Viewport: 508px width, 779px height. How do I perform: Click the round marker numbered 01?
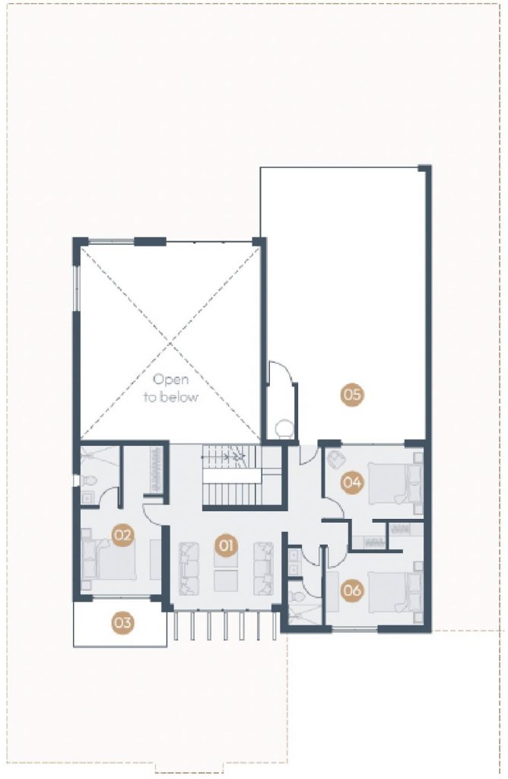(x=226, y=545)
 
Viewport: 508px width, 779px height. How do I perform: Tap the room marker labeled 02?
(x=122, y=535)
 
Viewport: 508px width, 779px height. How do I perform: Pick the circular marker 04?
(x=351, y=482)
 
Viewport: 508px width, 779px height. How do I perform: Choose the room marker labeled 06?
(x=351, y=590)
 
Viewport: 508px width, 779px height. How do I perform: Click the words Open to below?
(x=171, y=388)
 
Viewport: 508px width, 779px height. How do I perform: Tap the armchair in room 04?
(x=336, y=459)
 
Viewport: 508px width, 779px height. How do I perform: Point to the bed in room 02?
(x=109, y=559)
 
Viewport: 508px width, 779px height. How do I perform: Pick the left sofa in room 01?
(x=189, y=568)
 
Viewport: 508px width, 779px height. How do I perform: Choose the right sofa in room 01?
(x=264, y=568)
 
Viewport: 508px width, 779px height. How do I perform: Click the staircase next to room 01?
(x=231, y=476)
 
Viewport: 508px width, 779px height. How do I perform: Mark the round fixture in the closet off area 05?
(x=285, y=428)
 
